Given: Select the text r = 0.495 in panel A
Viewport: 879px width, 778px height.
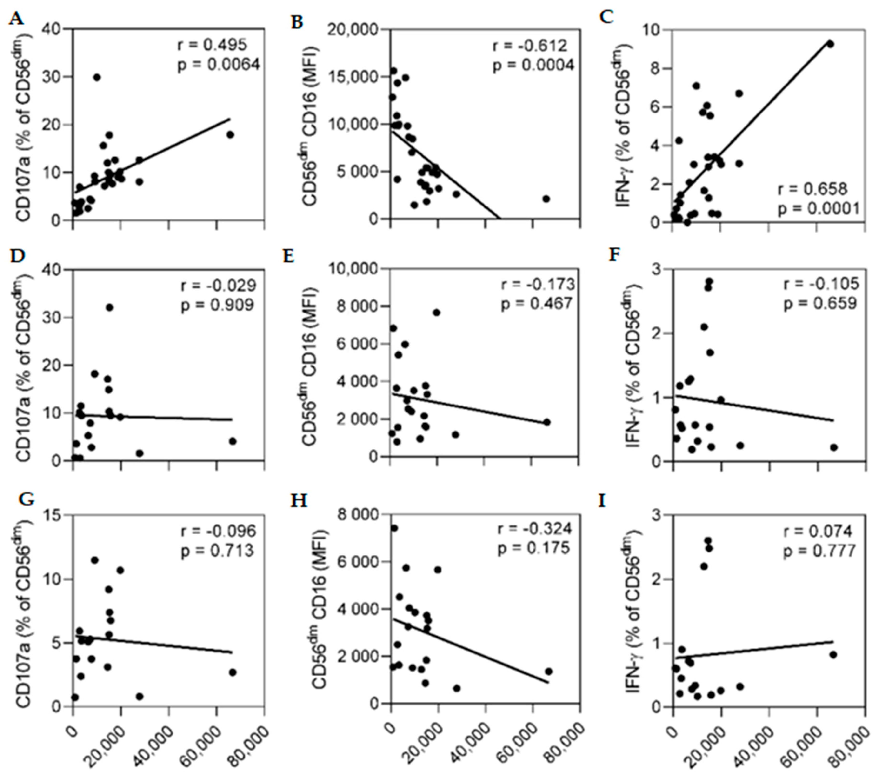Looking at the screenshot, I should [x=213, y=44].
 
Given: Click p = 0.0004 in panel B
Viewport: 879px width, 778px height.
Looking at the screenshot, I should [x=533, y=65].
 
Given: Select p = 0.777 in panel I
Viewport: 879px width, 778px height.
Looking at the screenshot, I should [x=819, y=551].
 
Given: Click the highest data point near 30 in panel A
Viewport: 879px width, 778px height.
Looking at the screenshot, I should [x=97, y=77].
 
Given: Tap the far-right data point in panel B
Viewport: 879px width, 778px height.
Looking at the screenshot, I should [x=546, y=199].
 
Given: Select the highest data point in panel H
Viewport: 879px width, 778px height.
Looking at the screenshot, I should [x=394, y=528].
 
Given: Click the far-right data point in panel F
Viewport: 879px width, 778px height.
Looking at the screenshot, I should [x=833, y=447].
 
